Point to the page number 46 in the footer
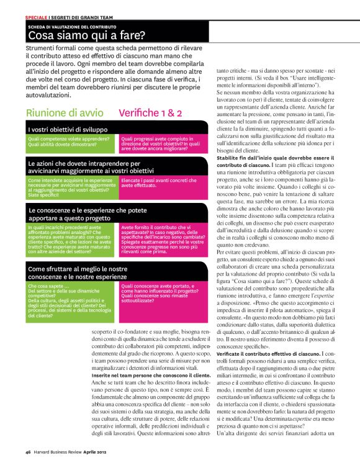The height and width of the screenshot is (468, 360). coord(29,451)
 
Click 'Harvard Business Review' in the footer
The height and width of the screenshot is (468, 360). coord(60,451)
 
